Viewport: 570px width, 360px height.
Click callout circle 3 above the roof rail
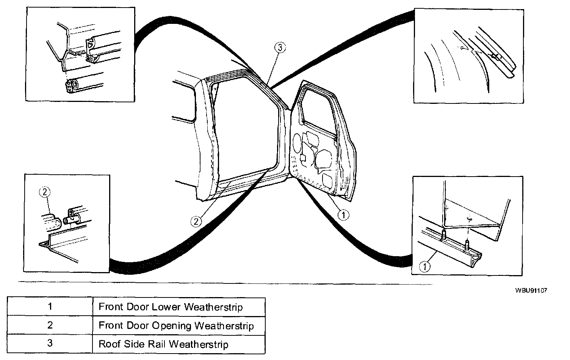pos(280,48)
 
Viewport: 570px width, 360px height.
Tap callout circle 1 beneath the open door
pos(343,215)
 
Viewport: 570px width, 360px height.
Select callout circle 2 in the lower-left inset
pos(44,193)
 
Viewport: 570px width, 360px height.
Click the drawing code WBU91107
pos(531,291)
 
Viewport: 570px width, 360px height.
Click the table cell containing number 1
pos(50,306)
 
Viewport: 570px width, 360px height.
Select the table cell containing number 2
pos(50,325)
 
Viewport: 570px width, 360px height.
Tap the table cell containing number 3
pos(50,344)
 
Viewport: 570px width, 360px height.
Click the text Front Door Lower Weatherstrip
pos(171,307)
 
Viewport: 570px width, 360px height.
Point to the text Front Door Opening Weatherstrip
pos(176,326)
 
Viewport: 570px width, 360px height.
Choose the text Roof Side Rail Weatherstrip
pos(163,344)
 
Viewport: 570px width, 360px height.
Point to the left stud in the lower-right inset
pos(443,235)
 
